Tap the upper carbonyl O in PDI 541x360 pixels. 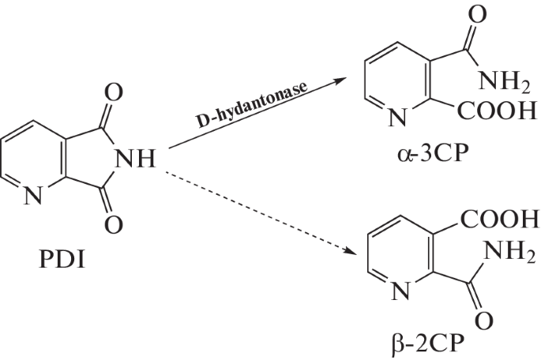click(x=113, y=95)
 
